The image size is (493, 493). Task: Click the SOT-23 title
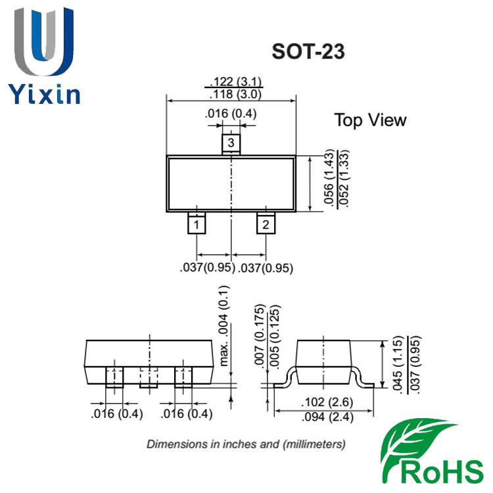pyautogui.click(x=308, y=51)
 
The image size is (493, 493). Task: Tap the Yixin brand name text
pyautogui.click(x=44, y=94)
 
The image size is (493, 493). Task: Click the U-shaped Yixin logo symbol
pyautogui.click(x=44, y=41)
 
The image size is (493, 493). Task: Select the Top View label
pyautogui.click(x=370, y=120)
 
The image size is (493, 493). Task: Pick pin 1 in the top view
pyautogui.click(x=197, y=223)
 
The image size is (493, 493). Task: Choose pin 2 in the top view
pyautogui.click(x=266, y=223)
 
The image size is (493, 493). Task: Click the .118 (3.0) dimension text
pyautogui.click(x=236, y=94)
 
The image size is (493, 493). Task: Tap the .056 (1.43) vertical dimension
pyautogui.click(x=329, y=177)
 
